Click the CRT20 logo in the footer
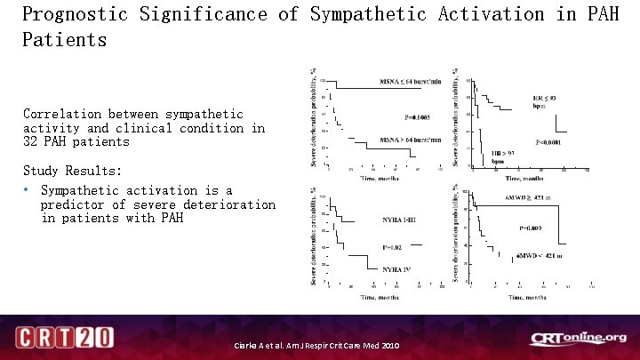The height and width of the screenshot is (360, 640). [64, 337]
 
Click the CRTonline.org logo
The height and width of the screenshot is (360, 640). [578, 338]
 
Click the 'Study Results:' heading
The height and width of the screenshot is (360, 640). [73, 170]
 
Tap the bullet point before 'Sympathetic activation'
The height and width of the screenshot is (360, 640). [28, 190]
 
